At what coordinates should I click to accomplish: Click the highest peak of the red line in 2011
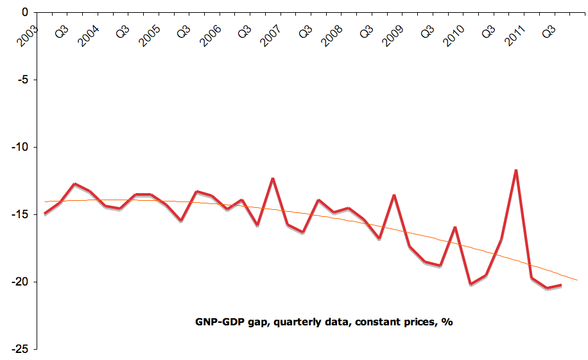(x=516, y=170)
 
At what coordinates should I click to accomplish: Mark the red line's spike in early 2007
(x=273, y=178)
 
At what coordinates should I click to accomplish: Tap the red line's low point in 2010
(x=471, y=284)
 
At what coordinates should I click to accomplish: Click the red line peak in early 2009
(x=394, y=195)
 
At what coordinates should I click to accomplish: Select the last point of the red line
(x=561, y=285)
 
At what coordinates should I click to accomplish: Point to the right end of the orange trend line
(x=577, y=280)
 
